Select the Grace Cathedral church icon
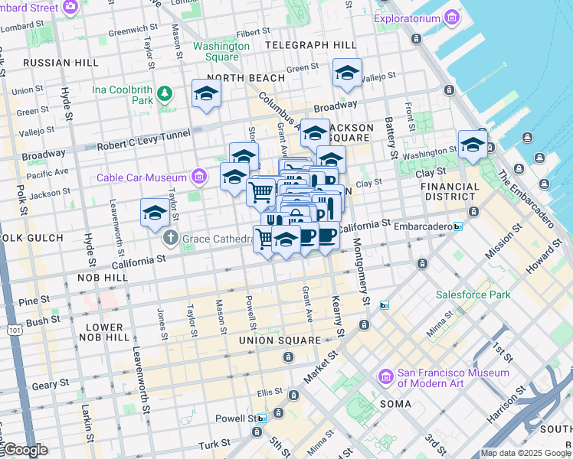click(169, 238)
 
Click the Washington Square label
click(221, 51)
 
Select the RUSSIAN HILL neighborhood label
click(60, 62)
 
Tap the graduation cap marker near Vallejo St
click(348, 73)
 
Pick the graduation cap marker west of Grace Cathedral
click(155, 213)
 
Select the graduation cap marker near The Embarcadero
click(473, 144)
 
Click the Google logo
click(25, 450)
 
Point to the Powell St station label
click(241, 418)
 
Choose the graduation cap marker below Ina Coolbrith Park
click(206, 94)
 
